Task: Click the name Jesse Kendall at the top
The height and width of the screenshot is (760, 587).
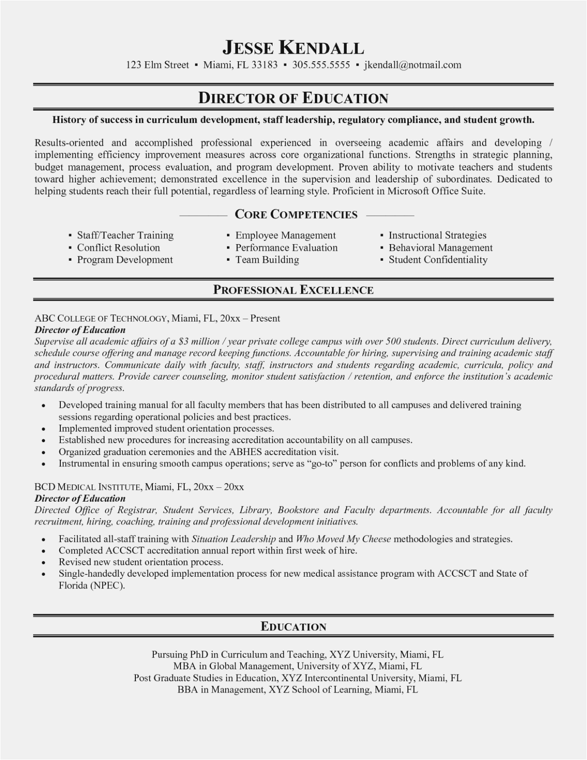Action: [293, 47]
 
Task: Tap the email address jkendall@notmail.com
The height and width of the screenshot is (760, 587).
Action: [412, 65]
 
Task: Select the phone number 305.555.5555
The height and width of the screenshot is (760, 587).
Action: [321, 65]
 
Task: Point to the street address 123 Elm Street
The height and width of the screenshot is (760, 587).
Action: [157, 65]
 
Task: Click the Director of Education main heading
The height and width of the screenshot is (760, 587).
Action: [293, 98]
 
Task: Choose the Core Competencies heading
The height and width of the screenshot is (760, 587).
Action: [296, 215]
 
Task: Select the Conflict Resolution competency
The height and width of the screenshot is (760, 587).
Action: [118, 247]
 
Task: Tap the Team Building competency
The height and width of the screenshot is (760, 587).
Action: [267, 260]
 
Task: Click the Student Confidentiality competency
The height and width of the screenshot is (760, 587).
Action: [438, 260]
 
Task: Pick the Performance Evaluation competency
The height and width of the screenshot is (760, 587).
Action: [286, 247]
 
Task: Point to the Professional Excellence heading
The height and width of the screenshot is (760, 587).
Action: [293, 290]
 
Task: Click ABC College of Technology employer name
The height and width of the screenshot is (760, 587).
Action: [101, 318]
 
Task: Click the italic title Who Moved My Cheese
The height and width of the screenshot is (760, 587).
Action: [343, 539]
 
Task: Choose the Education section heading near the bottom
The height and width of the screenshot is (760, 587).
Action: [293, 627]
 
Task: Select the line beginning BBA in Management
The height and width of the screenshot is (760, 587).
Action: [297, 690]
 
